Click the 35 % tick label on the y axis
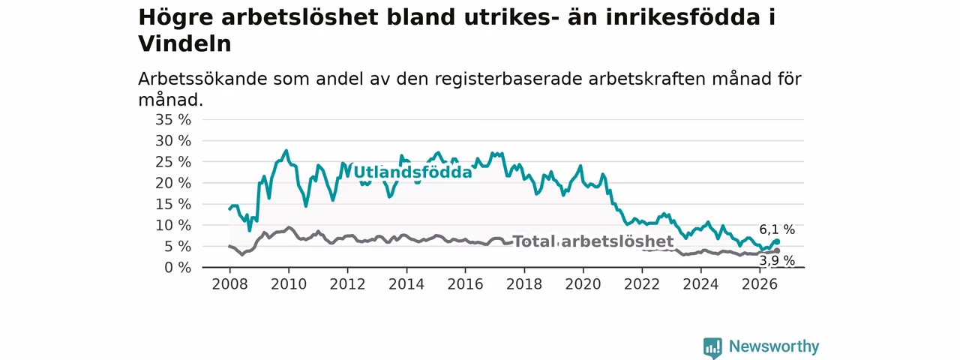[x=173, y=119]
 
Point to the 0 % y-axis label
[x=178, y=268]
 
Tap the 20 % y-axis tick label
[x=173, y=183]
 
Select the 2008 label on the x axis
[x=229, y=284]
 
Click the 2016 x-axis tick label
[x=466, y=284]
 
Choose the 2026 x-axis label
[x=760, y=284]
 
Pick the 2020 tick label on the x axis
[x=583, y=284]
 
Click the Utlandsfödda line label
[x=412, y=172]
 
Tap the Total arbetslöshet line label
[x=593, y=241]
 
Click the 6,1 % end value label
[x=777, y=229]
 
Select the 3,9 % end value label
[x=777, y=260]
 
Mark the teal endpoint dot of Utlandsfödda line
[x=777, y=241]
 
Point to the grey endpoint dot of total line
[x=777, y=250]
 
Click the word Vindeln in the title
[x=184, y=43]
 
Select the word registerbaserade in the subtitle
[x=508, y=79]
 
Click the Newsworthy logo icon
[x=712, y=347]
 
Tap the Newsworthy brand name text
[x=774, y=346]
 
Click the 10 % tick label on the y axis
[x=173, y=226]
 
